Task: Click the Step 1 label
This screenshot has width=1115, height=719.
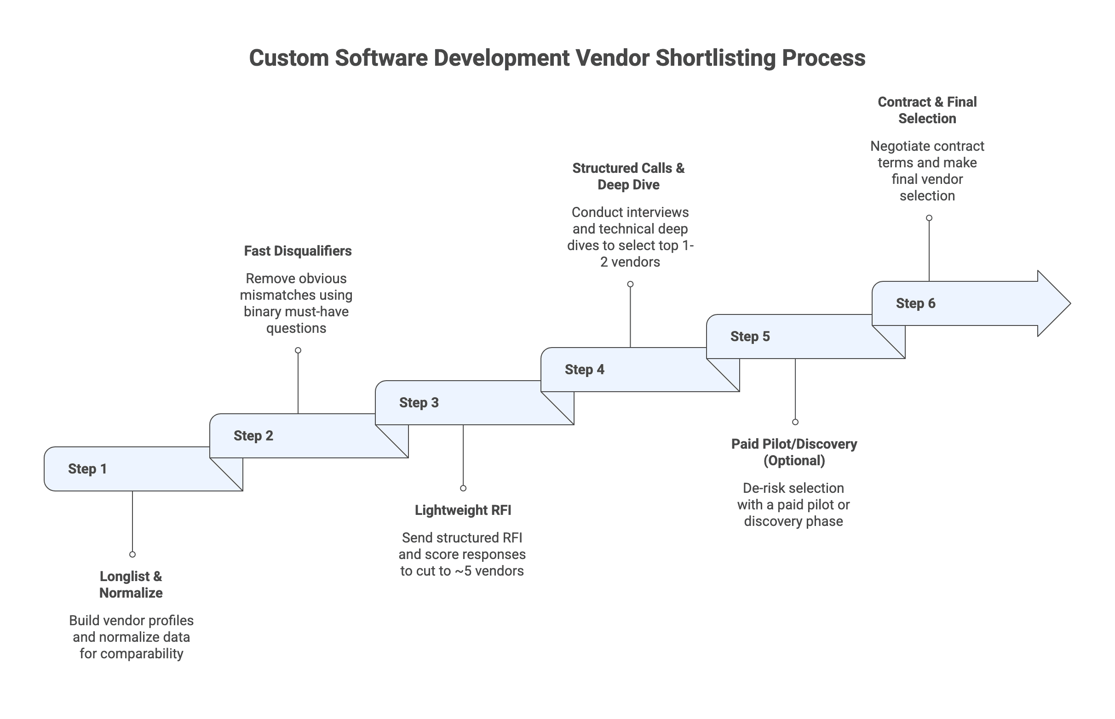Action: pos(87,469)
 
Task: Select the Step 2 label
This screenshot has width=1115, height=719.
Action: pos(253,436)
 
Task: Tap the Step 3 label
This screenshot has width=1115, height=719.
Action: pos(419,402)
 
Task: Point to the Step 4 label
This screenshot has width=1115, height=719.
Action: pos(584,369)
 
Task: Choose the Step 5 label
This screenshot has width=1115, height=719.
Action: pos(750,336)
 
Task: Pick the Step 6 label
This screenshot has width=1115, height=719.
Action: pos(915,303)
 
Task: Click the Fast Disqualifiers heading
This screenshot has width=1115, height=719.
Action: pos(298,251)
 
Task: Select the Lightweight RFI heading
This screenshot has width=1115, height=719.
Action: pos(463,510)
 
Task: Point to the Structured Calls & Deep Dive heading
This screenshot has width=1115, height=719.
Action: pos(628,176)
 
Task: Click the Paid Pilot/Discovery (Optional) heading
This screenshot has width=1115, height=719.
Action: pos(793,452)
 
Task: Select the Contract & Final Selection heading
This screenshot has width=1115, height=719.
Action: pos(927,110)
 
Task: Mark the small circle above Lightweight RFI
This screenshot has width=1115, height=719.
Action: pos(463,488)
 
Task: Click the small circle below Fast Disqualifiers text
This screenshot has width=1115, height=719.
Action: pos(298,350)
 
